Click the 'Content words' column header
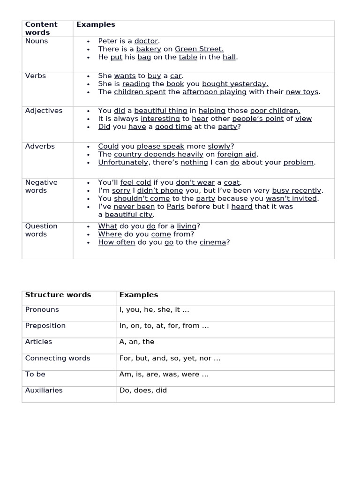(x=41, y=29)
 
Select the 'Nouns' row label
(x=37, y=41)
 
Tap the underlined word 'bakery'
(x=149, y=49)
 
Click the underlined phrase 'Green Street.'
(x=199, y=49)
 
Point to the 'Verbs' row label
(x=36, y=76)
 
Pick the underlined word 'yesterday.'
(x=249, y=84)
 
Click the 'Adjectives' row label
(x=44, y=111)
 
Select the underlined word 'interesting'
(x=160, y=119)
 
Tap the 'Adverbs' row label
(x=40, y=146)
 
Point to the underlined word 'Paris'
(x=175, y=207)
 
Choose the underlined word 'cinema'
(x=213, y=242)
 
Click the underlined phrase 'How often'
(x=117, y=242)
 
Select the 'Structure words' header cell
(x=58, y=295)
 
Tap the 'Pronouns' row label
(x=42, y=310)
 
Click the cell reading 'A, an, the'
(x=137, y=342)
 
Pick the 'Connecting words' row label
(x=58, y=358)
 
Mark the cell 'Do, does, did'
(x=143, y=390)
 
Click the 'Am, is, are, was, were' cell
(x=164, y=375)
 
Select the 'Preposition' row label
(x=45, y=326)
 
